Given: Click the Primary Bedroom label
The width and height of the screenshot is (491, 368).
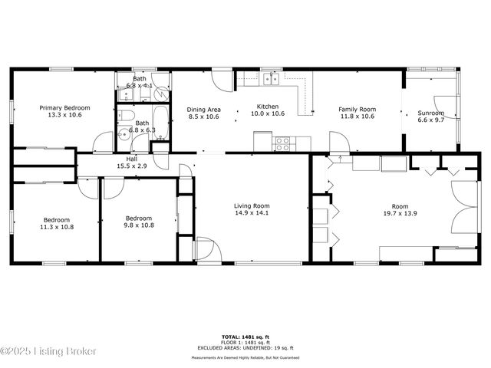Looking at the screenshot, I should click(x=64, y=108).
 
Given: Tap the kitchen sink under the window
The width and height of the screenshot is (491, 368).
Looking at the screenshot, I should click(x=270, y=78).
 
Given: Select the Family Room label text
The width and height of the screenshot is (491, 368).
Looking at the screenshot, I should click(x=357, y=109).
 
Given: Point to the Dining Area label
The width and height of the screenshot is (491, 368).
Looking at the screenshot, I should click(x=203, y=109).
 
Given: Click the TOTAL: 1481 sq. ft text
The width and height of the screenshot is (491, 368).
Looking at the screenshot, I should click(x=245, y=337).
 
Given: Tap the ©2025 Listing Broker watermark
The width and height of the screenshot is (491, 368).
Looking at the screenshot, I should click(x=48, y=351).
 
